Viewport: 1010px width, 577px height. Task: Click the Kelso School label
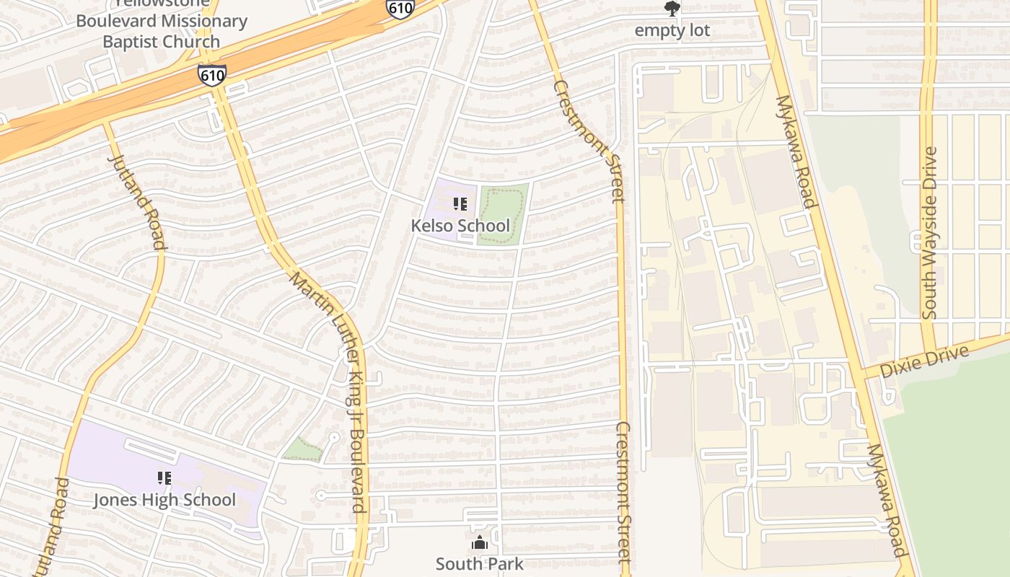460,226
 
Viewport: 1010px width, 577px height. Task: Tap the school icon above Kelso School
460,205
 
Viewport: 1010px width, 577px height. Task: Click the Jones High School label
164,500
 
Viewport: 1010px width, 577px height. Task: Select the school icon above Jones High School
164,478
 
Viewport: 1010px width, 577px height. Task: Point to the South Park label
479,564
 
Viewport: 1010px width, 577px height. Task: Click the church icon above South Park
479,543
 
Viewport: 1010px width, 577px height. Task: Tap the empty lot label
672,30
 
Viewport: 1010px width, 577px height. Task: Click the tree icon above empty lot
672,9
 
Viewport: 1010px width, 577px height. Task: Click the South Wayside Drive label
930,232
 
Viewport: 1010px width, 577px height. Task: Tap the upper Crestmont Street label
589,141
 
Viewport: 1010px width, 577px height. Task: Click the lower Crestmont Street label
623,493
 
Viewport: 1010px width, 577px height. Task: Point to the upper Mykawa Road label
796,151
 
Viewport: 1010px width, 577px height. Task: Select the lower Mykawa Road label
887,500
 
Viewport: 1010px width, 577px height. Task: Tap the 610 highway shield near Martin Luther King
212,75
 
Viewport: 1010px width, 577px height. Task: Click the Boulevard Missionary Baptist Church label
161,30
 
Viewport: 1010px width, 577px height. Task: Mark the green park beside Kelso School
503,214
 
